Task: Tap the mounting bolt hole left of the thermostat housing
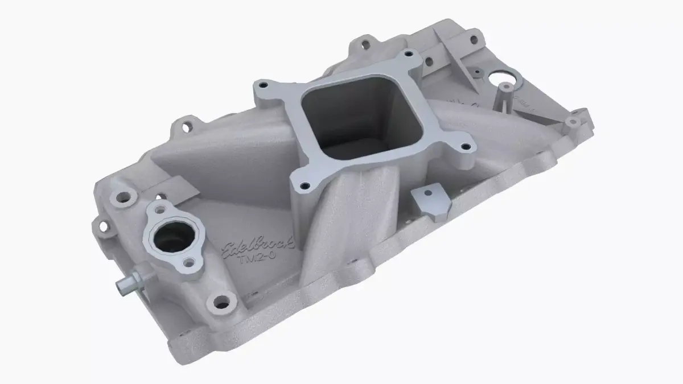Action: point(121,199)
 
